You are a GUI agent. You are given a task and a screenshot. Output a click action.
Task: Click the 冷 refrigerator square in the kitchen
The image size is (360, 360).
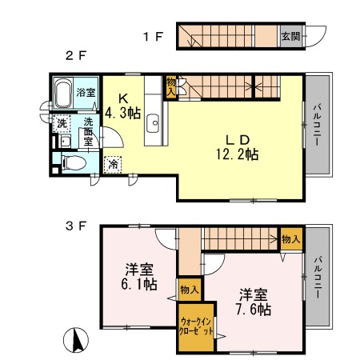(x=114, y=162)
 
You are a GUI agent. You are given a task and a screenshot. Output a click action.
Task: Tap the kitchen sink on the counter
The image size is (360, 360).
(x=154, y=124)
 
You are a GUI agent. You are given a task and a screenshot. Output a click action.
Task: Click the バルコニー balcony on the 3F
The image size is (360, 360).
(x=318, y=276)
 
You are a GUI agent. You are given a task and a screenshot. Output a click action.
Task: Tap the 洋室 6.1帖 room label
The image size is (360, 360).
(x=139, y=276)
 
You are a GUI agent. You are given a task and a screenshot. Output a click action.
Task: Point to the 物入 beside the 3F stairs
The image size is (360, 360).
(x=291, y=238)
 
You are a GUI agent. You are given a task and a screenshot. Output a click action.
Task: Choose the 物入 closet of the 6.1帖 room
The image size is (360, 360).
(x=190, y=290)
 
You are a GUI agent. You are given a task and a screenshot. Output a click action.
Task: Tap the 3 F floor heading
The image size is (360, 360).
(x=76, y=226)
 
